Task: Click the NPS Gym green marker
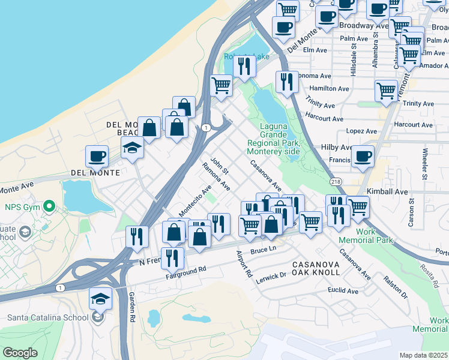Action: [51, 208]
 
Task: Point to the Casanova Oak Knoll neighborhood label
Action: [316, 268]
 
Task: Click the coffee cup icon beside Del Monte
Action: [97, 157]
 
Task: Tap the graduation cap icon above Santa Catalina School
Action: [100, 298]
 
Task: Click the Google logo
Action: [19, 353]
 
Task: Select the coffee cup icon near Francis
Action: [362, 156]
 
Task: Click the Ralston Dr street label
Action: [396, 288]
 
